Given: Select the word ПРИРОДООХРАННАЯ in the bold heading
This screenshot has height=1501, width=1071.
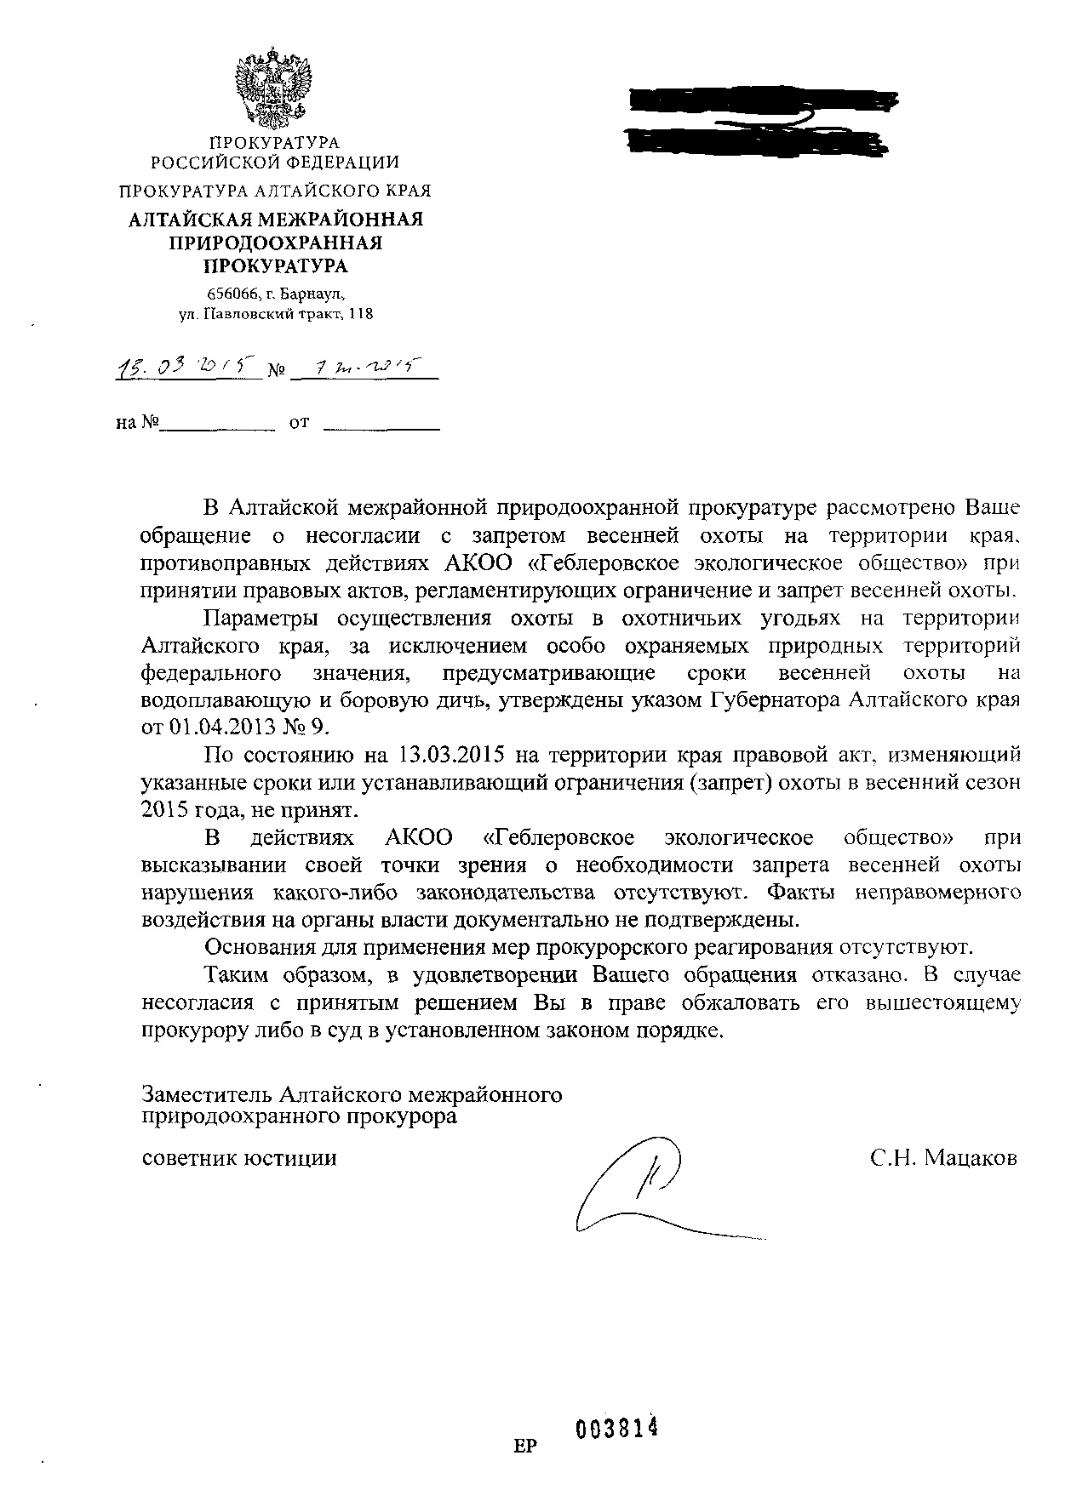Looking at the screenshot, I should [x=275, y=243].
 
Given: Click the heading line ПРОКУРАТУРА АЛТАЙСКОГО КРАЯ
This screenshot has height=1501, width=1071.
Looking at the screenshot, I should [x=275, y=191].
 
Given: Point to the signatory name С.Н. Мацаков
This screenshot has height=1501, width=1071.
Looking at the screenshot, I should [x=943, y=1158].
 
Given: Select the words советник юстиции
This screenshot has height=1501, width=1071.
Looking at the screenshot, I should [x=239, y=1158].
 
